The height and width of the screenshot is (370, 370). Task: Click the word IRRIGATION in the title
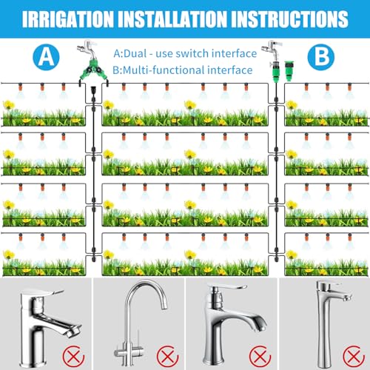68,19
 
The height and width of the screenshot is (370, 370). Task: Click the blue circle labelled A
46,57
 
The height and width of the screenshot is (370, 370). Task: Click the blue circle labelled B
321,57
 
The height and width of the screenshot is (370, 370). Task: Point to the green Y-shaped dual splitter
93,72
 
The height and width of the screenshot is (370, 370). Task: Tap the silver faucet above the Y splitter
87,50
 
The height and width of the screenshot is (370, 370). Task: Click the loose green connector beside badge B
289,71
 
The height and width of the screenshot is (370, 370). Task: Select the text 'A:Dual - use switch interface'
185,53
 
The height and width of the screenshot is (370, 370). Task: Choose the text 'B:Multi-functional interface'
183,70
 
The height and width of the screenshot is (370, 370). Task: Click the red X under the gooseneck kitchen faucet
167,357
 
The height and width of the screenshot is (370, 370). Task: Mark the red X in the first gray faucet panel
73,357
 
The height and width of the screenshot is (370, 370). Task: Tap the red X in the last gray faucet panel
354,357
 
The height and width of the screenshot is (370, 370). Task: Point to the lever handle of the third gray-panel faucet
228,287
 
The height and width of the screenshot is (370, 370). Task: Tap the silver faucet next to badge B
272,50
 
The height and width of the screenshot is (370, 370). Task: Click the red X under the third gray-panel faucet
260,357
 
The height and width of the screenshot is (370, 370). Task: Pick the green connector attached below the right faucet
275,72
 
